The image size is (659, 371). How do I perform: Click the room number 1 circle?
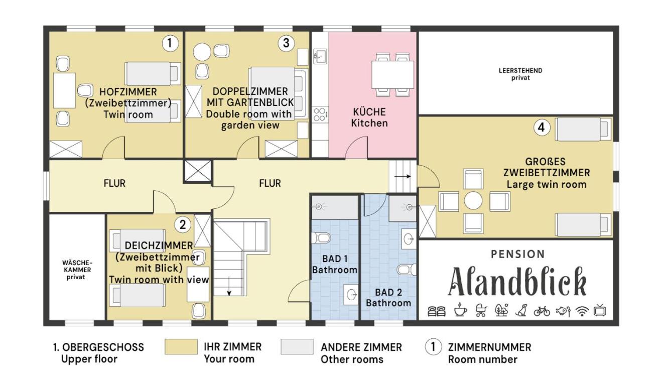[x=170, y=43]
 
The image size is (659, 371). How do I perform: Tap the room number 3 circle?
[x=286, y=43]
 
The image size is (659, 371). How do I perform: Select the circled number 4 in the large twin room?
[x=542, y=128]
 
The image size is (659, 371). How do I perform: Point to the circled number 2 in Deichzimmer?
[x=183, y=225]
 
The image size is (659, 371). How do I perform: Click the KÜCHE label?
[x=369, y=112]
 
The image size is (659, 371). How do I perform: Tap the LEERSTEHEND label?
[x=520, y=71]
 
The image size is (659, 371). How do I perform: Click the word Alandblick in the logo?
[x=517, y=282]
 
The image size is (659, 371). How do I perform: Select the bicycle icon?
[x=542, y=311]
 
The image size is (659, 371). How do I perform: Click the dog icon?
[x=521, y=310]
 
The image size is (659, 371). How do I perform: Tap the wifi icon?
[x=582, y=311]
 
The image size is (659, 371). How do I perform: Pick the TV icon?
[x=600, y=310]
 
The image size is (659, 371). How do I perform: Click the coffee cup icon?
[x=460, y=310]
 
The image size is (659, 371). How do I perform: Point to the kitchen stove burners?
[x=320, y=114]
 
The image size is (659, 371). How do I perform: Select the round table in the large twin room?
[x=473, y=201]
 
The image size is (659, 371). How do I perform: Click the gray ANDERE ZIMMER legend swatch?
[x=297, y=346]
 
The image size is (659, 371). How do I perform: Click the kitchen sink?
[x=320, y=56]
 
